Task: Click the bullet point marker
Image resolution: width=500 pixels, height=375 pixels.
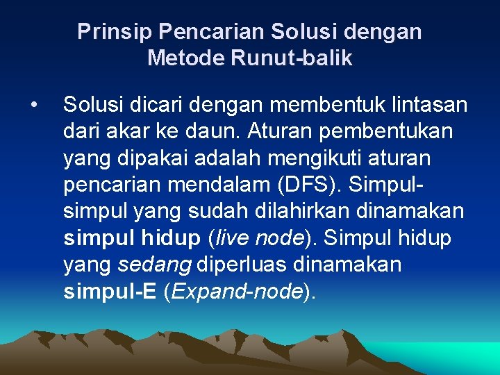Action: [33, 106]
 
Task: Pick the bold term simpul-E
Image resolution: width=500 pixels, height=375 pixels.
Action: [109, 292]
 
